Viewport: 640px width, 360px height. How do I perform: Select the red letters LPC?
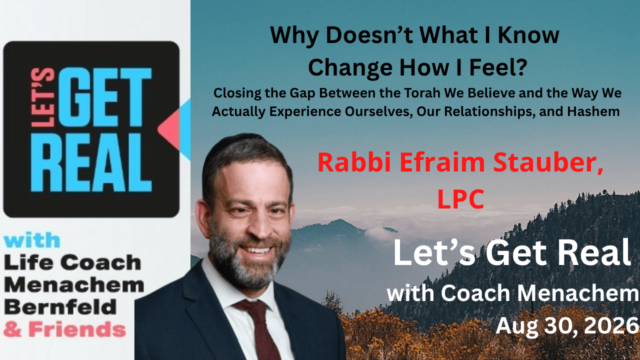point(460,199)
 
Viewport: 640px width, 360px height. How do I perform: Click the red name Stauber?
point(548,162)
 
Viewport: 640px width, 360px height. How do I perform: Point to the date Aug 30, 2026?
point(567,326)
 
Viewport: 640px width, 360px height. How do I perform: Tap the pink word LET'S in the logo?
point(42,97)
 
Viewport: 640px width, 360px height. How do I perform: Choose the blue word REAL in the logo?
point(91,162)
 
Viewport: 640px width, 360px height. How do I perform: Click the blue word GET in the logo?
point(104,97)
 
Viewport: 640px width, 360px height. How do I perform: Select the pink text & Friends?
point(64,329)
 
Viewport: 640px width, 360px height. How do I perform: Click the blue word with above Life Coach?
point(32,240)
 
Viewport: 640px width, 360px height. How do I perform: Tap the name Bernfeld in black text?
point(60,307)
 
